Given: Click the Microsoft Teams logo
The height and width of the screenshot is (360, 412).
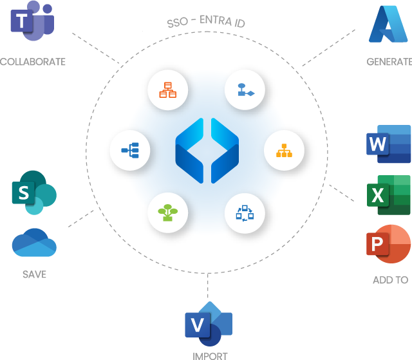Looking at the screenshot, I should pyautogui.click(x=32, y=21).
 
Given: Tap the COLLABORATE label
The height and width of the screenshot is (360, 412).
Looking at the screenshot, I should pyautogui.click(x=33, y=62).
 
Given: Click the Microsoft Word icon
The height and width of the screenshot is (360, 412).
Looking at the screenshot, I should pyautogui.click(x=388, y=144).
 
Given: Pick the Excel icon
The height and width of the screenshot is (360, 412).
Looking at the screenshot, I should pyautogui.click(x=389, y=194).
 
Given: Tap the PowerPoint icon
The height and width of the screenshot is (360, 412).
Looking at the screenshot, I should pyautogui.click(x=388, y=243).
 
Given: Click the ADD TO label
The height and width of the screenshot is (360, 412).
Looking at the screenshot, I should pyautogui.click(x=390, y=279).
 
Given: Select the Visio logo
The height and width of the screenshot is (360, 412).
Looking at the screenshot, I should pyautogui.click(x=208, y=325).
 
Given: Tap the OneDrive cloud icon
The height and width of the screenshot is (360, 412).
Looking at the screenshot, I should pyautogui.click(x=34, y=243).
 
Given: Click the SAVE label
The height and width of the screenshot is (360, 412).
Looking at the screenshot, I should pyautogui.click(x=34, y=274).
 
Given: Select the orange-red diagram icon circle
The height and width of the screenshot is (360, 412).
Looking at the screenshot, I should pyautogui.click(x=167, y=91).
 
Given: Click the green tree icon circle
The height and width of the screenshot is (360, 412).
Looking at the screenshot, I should pyautogui.click(x=167, y=211).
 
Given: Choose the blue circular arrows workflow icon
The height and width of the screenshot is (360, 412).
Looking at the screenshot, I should pyautogui.click(x=245, y=211).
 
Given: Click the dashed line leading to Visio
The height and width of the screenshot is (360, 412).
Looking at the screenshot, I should pyautogui.click(x=208, y=286).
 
